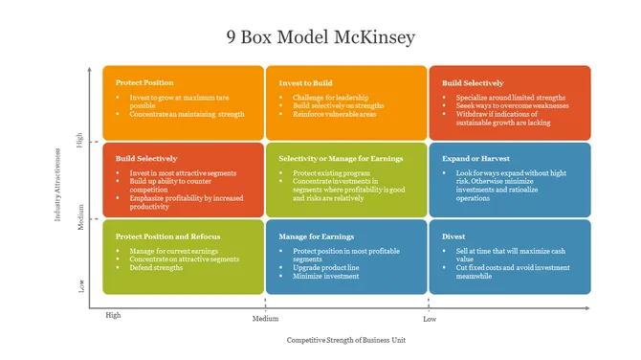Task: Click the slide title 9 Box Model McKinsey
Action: (x=320, y=37)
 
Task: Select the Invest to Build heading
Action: (x=306, y=83)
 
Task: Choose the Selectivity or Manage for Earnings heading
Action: (x=341, y=158)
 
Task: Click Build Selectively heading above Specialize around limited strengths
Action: (x=473, y=83)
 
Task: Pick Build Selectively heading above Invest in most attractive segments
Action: (x=146, y=158)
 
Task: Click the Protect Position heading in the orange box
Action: (x=144, y=83)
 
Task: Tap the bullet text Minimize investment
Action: (x=325, y=276)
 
